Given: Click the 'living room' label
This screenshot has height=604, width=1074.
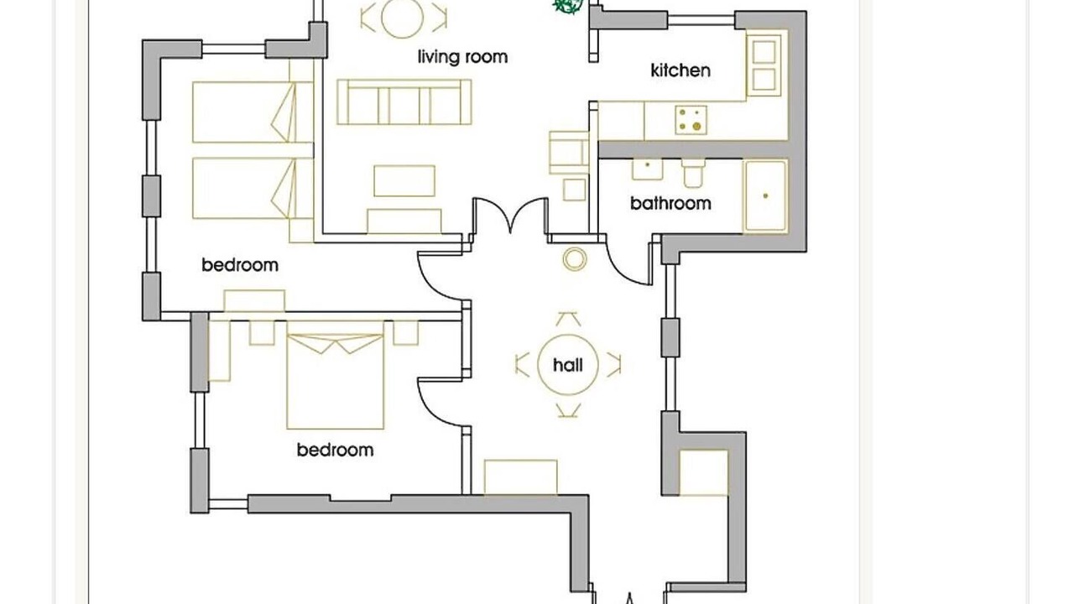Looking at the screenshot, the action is [462, 57].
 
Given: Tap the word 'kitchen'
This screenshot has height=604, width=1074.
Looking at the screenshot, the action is [680, 70].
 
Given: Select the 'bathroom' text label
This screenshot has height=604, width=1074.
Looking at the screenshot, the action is [670, 203].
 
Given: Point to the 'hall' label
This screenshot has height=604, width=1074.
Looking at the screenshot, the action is [568, 365].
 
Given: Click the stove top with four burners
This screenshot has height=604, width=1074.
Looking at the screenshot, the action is [691, 120].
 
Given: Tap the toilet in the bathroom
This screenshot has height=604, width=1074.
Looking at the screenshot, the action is [693, 173].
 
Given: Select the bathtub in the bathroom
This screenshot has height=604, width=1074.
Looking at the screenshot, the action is [764, 196].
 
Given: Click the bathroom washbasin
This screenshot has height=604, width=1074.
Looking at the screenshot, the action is [647, 169].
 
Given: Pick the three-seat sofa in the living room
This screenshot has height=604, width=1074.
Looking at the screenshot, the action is [404, 102].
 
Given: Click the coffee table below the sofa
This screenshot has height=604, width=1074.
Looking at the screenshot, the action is [404, 180].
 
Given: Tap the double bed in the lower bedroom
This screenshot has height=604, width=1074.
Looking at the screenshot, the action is [335, 375].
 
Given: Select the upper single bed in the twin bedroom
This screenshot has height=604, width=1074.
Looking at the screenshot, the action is [253, 112].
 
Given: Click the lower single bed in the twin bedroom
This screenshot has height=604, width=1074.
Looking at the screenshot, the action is [253, 189].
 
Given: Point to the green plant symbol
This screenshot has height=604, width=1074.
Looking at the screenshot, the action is [568, 6].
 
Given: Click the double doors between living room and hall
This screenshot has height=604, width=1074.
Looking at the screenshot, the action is [510, 216].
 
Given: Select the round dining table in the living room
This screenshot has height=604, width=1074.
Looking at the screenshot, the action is [402, 18].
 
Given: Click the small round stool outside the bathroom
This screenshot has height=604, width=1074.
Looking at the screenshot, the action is [575, 259].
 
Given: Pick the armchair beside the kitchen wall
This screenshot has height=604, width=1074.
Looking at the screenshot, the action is [569, 153].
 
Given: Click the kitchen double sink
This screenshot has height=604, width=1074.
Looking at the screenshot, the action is [764, 65].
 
